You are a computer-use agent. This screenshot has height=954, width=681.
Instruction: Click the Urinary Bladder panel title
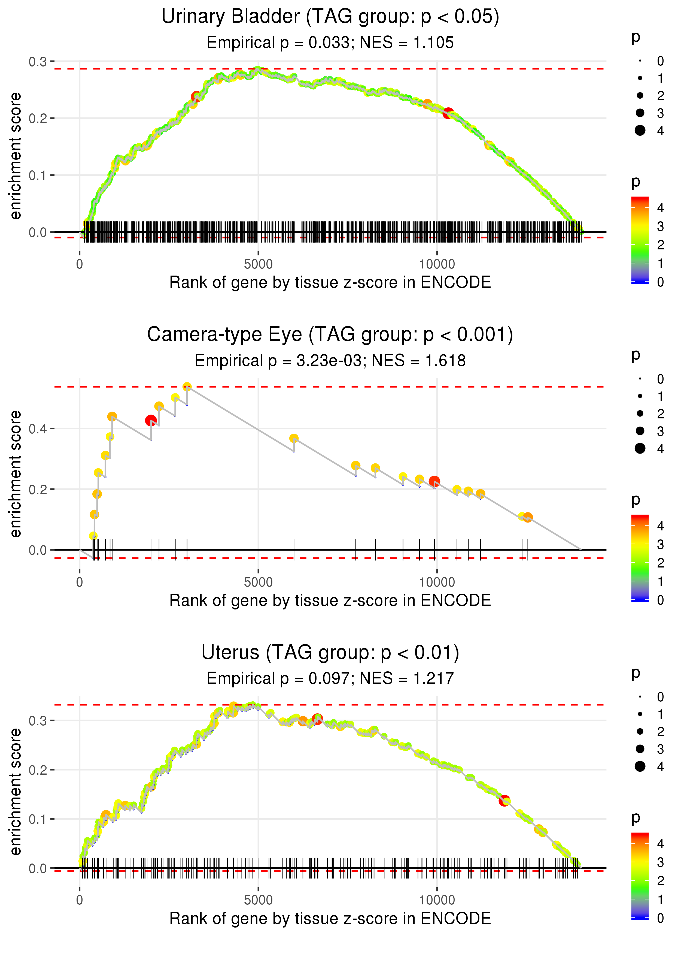330,17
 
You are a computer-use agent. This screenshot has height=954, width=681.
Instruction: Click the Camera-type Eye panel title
330,335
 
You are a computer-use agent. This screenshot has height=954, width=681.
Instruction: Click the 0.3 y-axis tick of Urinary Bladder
38,62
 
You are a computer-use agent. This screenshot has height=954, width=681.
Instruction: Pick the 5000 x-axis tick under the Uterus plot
258,900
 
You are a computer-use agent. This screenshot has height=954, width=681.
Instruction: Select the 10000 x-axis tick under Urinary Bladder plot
437,264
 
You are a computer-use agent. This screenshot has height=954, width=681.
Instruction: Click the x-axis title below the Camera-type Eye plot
330,601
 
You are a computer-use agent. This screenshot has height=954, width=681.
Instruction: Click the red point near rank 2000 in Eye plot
151,420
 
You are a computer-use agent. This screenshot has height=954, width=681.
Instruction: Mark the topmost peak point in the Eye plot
187,387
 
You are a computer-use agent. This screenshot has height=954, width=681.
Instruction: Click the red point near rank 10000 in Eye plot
434,481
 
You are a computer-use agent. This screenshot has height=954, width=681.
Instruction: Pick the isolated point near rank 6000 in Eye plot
294,438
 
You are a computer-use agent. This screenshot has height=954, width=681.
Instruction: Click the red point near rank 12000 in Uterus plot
504,801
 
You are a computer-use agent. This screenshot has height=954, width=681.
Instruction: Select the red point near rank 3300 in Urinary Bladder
196,97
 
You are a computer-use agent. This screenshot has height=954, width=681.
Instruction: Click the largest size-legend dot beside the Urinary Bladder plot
640,131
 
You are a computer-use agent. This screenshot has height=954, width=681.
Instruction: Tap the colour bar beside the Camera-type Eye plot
640,558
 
